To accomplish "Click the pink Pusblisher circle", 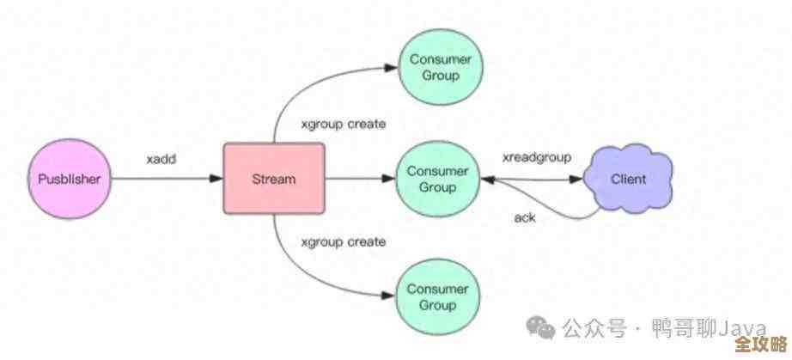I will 70,180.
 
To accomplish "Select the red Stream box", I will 274,180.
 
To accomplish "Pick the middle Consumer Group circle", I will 437,180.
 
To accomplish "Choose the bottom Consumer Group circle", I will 438,296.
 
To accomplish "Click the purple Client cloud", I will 627,180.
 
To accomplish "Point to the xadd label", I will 161,160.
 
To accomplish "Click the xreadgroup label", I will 537,158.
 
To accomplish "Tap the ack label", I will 525,217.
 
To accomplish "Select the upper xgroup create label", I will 343,124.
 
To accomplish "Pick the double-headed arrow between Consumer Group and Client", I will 533,180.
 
